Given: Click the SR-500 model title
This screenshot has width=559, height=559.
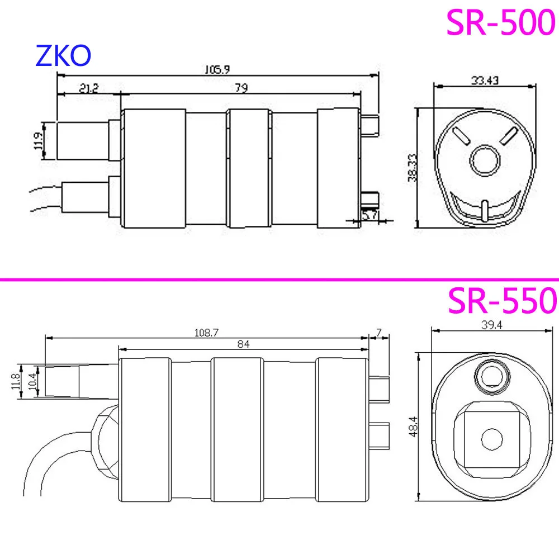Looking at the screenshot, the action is (501, 22).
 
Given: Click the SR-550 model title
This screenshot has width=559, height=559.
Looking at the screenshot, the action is (503, 301).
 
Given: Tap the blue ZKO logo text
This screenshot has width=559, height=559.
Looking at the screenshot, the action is (64, 55).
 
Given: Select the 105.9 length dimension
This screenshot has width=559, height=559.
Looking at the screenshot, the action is (217, 69).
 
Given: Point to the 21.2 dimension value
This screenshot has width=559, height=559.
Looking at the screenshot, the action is (88, 88).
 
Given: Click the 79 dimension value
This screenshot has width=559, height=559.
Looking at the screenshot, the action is (241, 88).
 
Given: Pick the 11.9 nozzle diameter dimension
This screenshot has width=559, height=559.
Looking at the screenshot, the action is (39, 141).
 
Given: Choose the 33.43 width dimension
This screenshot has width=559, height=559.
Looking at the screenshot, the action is (485, 80).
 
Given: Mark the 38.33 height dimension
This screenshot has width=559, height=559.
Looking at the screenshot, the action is (413, 168).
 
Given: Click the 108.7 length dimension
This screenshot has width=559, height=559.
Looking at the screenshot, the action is (206, 333).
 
